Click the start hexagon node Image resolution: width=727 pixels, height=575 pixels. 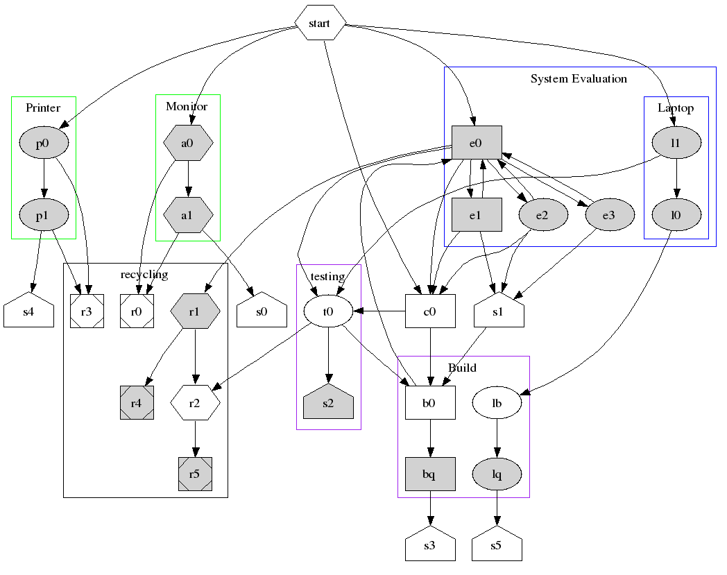coord(320,23)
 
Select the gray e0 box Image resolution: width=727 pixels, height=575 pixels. coord(476,144)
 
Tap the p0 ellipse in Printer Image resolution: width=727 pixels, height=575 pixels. coord(43,144)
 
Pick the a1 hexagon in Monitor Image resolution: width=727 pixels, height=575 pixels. coord(187,216)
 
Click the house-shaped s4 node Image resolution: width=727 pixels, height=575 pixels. coord(28,311)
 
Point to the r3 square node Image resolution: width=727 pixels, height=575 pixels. coord(87,311)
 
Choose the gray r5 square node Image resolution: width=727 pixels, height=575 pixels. coord(195,474)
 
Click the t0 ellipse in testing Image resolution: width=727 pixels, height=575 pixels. coord(328,311)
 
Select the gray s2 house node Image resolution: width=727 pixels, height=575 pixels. coord(328,403)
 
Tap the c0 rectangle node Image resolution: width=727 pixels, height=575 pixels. coord(430,311)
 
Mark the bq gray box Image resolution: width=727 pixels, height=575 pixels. coord(430,474)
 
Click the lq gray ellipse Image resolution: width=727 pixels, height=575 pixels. coord(497,474)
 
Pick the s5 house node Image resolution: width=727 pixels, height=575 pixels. coord(497,545)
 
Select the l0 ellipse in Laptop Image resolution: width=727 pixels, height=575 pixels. coord(676,216)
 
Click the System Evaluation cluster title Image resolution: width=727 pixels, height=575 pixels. coord(579,79)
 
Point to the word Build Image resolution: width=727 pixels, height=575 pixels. coord(462,368)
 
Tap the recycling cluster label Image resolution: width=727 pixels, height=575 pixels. coord(144,275)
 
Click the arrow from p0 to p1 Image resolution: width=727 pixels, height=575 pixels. coord(44,179)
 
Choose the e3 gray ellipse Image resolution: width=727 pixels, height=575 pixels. coord(609,216)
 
